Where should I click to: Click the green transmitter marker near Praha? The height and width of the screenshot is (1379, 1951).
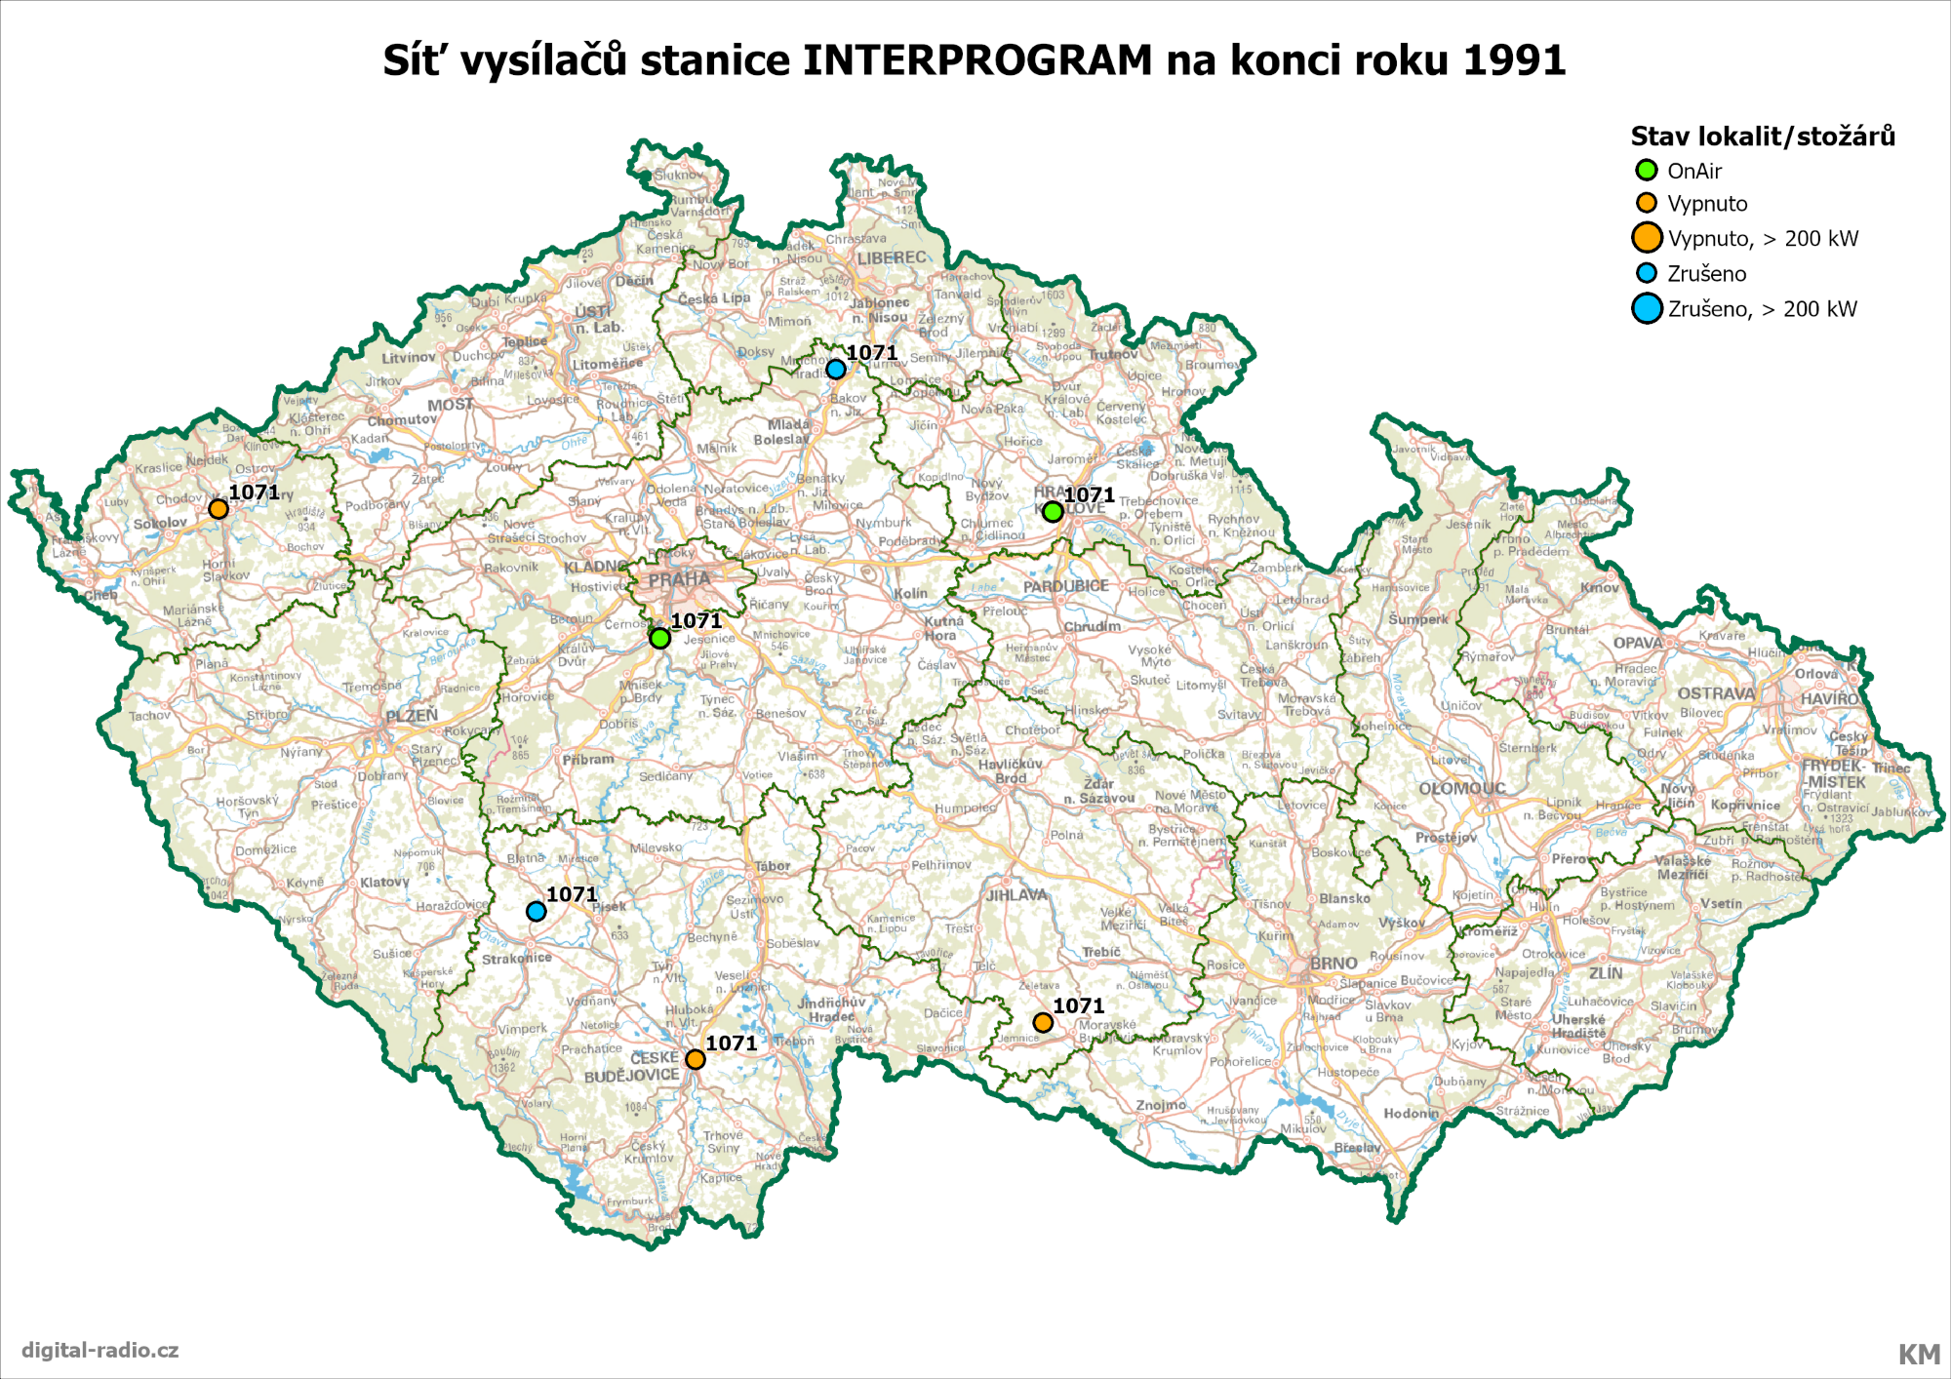pyautogui.click(x=659, y=638)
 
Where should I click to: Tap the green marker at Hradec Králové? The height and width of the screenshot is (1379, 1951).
pyautogui.click(x=1052, y=511)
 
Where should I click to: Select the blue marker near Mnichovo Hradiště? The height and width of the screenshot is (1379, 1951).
pyautogui.click(x=835, y=370)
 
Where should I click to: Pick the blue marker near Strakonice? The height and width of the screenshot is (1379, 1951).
pyautogui.click(x=536, y=911)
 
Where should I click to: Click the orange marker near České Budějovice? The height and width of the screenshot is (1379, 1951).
pyautogui.click(x=695, y=1059)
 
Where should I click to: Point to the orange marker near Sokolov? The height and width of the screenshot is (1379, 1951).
pyautogui.click(x=219, y=509)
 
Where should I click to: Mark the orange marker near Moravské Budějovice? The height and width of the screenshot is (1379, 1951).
pyautogui.click(x=1043, y=1022)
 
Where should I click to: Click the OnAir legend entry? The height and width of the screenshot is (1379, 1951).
pyautogui.click(x=1693, y=171)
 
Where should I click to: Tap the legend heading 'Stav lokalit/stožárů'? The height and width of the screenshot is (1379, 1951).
pyautogui.click(x=1762, y=137)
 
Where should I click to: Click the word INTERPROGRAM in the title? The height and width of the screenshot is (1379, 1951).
pyautogui.click(x=977, y=60)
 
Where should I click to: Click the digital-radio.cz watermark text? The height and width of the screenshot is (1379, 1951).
pyautogui.click(x=100, y=1350)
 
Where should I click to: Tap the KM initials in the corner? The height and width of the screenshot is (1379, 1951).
pyautogui.click(x=1918, y=1354)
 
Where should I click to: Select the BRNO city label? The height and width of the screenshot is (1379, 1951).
pyautogui.click(x=1333, y=963)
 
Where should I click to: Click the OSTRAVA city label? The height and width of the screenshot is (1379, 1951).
pyautogui.click(x=1716, y=693)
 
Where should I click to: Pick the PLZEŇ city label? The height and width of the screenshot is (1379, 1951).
pyautogui.click(x=412, y=716)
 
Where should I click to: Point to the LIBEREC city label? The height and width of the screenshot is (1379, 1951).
pyautogui.click(x=892, y=257)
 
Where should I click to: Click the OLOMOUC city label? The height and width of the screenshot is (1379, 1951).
pyautogui.click(x=1461, y=788)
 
